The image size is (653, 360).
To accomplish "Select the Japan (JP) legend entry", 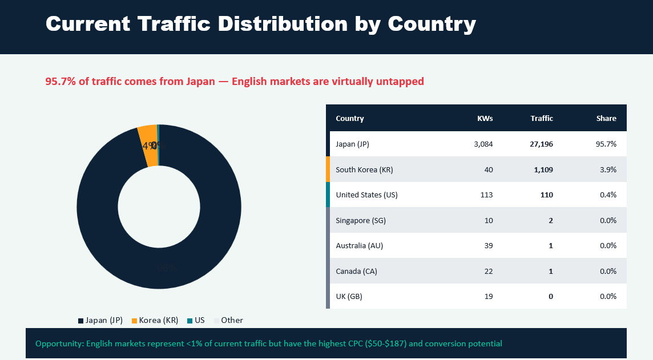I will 100,320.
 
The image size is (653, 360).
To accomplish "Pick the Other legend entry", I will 228,320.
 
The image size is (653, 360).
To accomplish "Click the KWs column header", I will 485,119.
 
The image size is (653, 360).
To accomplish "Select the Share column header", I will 606,119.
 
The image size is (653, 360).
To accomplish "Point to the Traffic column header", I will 541,119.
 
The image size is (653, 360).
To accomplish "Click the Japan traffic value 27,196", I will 541,144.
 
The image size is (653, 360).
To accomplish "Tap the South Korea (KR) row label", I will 364,169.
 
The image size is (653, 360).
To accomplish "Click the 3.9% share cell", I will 608,169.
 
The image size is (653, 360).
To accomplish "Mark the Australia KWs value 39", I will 488,245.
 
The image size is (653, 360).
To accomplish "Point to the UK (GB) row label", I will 349,296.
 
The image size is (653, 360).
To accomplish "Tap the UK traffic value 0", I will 550,296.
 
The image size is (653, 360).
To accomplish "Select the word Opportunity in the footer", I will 59,343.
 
